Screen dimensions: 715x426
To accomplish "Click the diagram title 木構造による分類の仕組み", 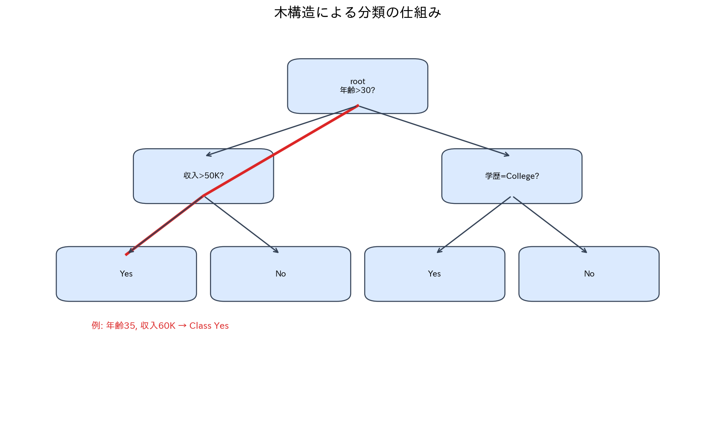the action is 357,13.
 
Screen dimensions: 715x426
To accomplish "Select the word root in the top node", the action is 357,82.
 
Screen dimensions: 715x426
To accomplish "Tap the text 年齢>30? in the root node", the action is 357,90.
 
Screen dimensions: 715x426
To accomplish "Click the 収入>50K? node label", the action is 204,176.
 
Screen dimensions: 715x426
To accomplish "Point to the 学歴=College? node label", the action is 512,176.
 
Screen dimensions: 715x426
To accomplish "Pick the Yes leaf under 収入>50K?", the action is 126,274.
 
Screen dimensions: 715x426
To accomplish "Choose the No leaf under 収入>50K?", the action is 281,274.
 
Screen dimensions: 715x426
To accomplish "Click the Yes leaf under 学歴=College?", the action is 434,274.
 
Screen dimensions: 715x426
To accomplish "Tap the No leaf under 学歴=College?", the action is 589,274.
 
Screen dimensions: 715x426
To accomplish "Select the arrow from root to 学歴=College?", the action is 434,131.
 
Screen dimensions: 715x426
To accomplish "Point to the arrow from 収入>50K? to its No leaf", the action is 241,225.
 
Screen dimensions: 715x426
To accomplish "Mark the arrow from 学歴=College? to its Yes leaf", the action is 474,225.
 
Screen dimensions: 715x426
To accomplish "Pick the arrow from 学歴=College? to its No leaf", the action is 550,225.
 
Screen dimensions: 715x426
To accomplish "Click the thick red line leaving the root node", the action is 281,150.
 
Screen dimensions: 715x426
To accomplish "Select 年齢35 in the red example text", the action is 121,326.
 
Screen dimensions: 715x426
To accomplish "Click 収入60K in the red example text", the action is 158,326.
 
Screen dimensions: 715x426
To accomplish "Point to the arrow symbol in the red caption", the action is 182,326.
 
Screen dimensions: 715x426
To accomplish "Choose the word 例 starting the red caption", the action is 96,325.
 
